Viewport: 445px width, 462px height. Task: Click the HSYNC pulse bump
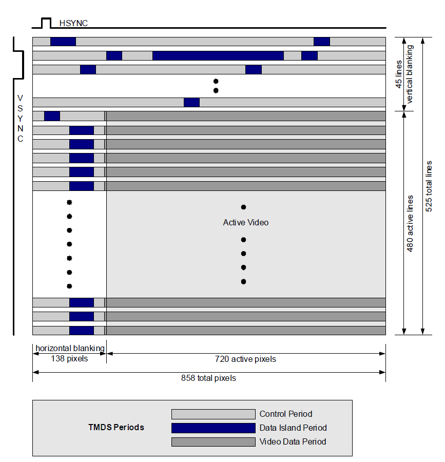pos(46,22)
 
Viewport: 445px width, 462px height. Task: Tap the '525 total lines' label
pos(429,186)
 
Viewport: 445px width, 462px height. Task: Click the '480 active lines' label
pos(410,223)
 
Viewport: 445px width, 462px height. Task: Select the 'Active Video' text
pos(245,222)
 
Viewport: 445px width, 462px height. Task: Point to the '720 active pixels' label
pos(245,359)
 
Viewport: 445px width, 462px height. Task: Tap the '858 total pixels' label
pos(208,378)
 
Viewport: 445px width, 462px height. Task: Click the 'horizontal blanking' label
pos(70,349)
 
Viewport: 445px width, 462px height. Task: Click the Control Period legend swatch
pos(213,414)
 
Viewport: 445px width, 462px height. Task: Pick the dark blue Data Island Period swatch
pos(213,428)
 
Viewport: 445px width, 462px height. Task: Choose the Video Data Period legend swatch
pos(213,442)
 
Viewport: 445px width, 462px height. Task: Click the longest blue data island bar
pos(218,55)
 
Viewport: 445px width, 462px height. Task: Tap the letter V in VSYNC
pos(20,98)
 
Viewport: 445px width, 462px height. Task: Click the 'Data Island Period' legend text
pos(293,428)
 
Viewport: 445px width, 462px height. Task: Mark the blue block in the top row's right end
pos(321,42)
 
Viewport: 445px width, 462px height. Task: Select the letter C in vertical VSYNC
pos(20,139)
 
